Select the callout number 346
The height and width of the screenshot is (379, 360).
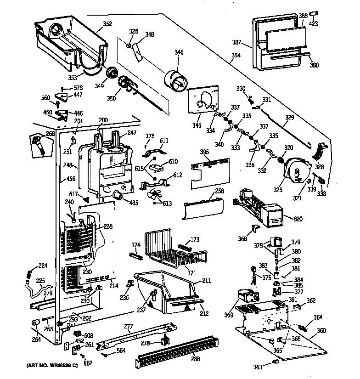point(179,52)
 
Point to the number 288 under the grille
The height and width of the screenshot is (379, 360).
point(196,359)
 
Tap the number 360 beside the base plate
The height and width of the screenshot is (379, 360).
point(321,331)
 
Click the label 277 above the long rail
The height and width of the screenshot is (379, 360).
point(129,327)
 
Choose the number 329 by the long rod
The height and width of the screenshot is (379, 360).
point(289,118)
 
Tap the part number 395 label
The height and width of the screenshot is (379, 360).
point(192,153)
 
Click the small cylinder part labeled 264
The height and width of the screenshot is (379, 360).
point(35,325)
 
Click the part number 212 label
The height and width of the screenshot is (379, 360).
point(204,314)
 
